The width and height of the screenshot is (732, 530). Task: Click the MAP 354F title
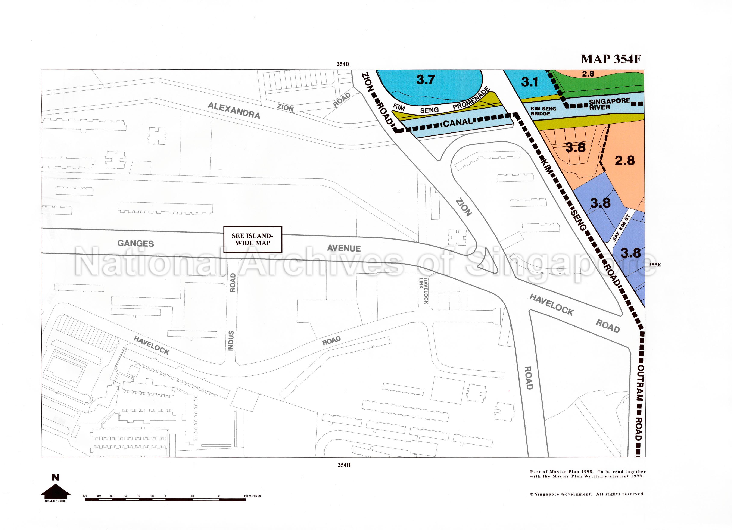[x=611, y=59]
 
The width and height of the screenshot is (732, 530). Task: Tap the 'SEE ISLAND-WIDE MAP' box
[x=253, y=239]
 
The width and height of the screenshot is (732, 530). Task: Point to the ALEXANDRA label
[x=234, y=110]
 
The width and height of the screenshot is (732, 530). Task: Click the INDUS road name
[x=231, y=340]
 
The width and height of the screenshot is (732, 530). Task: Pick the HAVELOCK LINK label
[x=423, y=290]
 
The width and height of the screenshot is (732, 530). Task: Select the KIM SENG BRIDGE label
[x=543, y=111]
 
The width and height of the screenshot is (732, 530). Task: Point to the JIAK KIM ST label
[x=621, y=228]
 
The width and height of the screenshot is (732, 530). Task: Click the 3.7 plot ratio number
[x=426, y=79]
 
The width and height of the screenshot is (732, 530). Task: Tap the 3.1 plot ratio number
[x=529, y=82]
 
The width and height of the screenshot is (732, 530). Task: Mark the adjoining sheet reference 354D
[x=343, y=64]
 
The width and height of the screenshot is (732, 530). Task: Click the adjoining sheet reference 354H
[x=344, y=465]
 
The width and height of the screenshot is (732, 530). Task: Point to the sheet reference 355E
[x=655, y=265]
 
